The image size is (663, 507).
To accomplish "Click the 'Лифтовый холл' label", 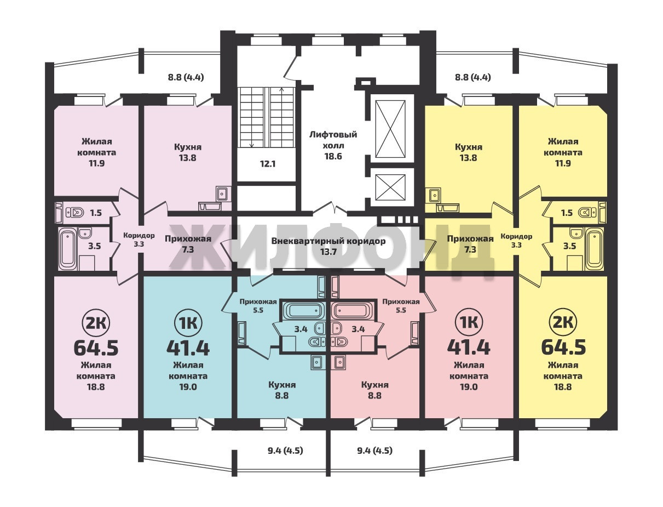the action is click(333, 140).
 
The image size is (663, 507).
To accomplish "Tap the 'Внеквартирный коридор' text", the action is click(328, 241).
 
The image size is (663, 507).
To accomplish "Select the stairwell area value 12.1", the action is click(268, 164).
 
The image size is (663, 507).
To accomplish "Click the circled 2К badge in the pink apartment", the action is click(96, 323).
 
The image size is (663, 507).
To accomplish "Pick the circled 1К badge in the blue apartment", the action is click(188, 323).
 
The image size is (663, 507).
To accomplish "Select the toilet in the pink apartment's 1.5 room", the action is click(74, 213).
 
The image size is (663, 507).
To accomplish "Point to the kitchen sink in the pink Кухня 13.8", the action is click(223, 193).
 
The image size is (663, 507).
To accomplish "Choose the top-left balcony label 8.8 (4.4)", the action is click(186, 77).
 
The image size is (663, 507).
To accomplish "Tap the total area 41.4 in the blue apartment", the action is click(188, 348).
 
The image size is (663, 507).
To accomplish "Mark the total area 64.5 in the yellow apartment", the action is click(563, 348).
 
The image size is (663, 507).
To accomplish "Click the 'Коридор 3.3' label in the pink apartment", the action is click(139, 240).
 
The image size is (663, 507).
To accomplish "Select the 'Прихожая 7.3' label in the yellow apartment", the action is click(470, 244).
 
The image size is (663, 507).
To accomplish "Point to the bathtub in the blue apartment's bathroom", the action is click(304, 310).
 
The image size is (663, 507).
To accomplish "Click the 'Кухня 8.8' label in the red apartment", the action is click(375, 390).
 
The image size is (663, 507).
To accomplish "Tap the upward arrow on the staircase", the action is click(281, 117).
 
